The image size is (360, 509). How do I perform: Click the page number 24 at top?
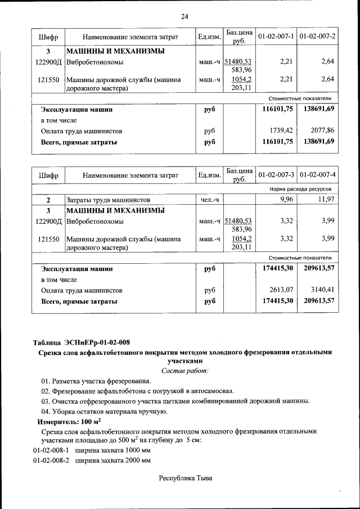(184, 16)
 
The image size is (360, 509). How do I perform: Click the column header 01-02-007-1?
(276, 37)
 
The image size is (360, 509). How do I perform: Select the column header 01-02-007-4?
(317, 175)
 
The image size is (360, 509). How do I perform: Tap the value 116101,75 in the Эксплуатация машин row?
(278, 109)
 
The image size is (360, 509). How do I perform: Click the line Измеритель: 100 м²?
(69, 421)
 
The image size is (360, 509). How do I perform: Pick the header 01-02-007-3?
(276, 175)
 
